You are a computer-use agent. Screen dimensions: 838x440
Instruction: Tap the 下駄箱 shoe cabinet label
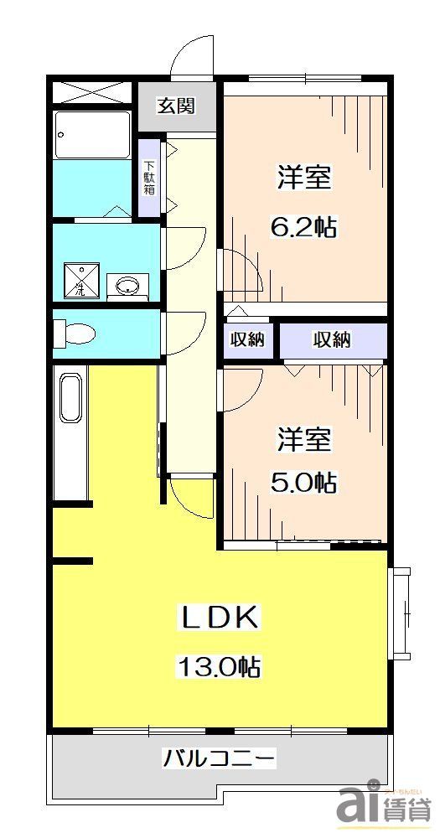tap(149, 177)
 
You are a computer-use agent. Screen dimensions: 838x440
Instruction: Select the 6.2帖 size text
tap(303, 227)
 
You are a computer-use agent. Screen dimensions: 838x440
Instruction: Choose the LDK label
tap(219, 618)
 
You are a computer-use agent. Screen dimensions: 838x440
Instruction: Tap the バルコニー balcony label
tap(219, 760)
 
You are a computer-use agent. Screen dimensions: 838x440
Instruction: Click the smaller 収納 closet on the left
tap(248, 339)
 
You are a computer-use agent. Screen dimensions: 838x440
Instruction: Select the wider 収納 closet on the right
tap(332, 339)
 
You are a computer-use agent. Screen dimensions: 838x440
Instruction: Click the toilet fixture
tap(75, 334)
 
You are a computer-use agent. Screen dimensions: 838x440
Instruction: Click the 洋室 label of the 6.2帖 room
tap(303, 178)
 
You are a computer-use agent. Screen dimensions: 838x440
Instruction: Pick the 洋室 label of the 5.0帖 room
tap(303, 437)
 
